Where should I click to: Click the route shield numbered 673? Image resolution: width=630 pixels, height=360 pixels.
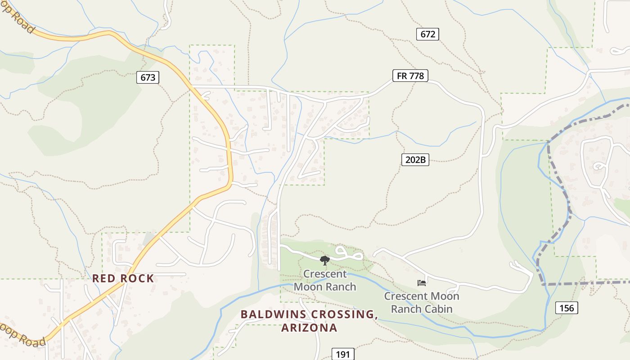(x=148, y=77)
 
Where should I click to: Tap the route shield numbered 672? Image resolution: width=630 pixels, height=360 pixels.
(x=427, y=34)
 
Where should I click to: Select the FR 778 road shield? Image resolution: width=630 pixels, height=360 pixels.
(x=409, y=76)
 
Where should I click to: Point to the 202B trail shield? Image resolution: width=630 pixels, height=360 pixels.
(x=415, y=159)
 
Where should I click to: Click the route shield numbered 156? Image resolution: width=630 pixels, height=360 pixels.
(x=567, y=308)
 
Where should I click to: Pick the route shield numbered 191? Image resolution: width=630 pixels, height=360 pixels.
(x=343, y=354)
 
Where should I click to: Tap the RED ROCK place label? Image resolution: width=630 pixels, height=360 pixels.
(x=123, y=279)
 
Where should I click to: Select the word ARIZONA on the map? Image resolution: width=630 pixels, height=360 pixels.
(x=309, y=328)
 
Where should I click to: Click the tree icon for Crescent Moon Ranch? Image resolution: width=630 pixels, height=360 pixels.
(x=324, y=260)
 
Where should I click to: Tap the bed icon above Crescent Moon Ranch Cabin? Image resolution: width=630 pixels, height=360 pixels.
(x=422, y=283)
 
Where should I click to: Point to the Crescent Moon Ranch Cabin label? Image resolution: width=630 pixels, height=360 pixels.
(x=422, y=302)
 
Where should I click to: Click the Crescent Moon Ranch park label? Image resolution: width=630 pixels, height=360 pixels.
(x=325, y=280)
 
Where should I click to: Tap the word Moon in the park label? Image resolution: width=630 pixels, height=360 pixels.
(x=308, y=287)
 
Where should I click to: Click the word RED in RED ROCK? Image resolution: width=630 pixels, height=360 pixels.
(x=102, y=279)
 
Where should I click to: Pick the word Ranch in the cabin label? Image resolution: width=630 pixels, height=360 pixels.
(x=405, y=309)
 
